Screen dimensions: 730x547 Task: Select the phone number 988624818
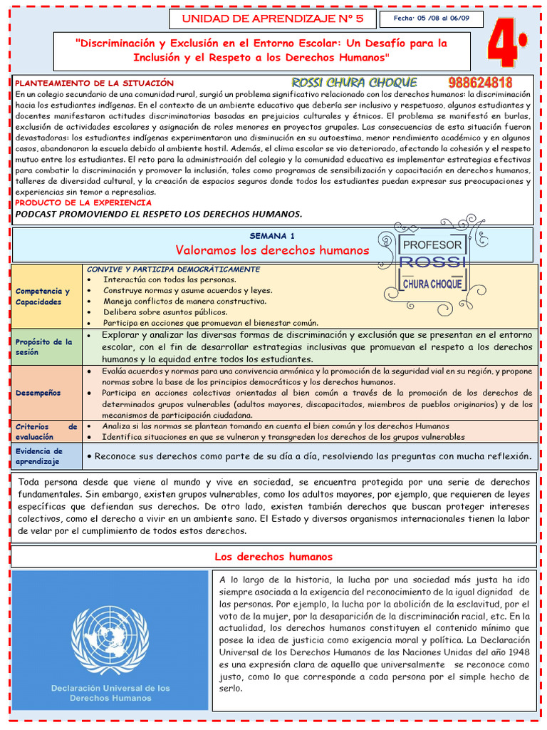click(x=481, y=83)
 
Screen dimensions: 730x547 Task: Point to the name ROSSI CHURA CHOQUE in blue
click(x=354, y=83)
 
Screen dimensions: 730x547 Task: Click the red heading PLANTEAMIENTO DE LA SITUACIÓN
click(x=95, y=83)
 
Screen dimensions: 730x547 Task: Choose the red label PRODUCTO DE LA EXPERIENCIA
click(x=83, y=202)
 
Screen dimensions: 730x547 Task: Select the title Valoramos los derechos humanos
click(x=272, y=250)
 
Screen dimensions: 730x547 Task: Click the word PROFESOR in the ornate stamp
click(x=432, y=245)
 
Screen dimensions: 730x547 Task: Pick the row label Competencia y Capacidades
click(x=43, y=297)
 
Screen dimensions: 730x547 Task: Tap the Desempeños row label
click(x=38, y=393)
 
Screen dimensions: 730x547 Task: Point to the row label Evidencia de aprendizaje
click(x=40, y=456)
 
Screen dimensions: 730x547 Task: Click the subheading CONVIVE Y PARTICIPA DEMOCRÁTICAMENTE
click(x=173, y=269)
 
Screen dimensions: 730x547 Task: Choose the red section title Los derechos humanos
click(x=273, y=557)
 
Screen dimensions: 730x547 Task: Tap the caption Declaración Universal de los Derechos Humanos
click(x=110, y=693)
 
